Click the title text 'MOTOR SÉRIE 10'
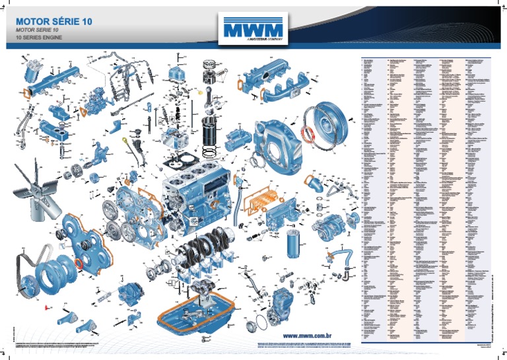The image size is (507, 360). point(53,21)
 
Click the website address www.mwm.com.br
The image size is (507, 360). point(310,336)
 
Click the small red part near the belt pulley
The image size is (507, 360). point(46,307)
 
